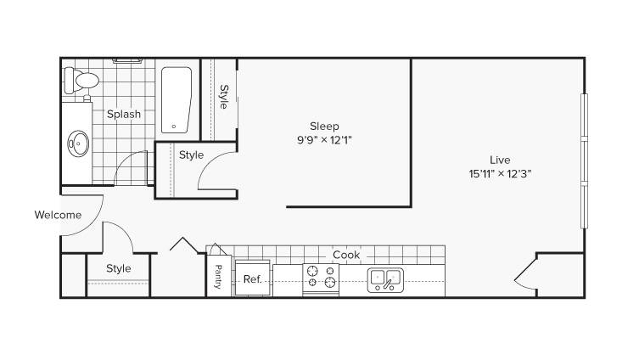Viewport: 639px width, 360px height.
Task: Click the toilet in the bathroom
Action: [81, 81]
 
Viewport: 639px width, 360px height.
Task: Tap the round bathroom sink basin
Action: [78, 143]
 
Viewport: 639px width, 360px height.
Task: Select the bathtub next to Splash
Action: [176, 100]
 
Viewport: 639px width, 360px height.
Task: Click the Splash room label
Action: [124, 114]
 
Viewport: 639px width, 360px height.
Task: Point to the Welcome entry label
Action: [58, 215]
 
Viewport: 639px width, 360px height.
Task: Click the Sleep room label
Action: [324, 126]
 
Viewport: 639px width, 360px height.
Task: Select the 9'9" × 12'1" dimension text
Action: [324, 140]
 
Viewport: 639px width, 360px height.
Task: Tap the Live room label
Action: [500, 160]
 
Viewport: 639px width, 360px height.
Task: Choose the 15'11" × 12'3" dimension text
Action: [500, 174]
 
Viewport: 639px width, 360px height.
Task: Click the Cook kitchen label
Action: [346, 255]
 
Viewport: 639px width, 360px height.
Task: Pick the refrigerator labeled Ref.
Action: [253, 278]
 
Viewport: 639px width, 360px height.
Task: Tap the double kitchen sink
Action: [385, 280]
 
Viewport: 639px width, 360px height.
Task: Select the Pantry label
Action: [218, 277]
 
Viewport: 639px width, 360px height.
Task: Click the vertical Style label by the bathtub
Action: [224, 97]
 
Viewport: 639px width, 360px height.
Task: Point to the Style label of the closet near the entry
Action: [119, 268]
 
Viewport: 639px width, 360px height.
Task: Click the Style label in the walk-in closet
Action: [192, 155]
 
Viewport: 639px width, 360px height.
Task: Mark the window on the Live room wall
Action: [585, 161]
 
